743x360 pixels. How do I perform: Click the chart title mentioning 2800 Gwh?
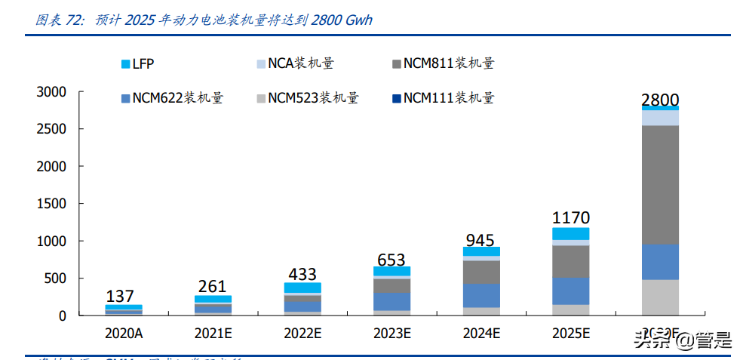pos(204,20)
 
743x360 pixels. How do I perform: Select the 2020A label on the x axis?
pos(124,333)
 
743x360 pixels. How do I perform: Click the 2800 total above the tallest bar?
pos(660,100)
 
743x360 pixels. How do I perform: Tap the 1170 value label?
pos(570,218)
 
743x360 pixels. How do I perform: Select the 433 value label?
pos(302,274)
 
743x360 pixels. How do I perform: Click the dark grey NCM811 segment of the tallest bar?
pos(660,185)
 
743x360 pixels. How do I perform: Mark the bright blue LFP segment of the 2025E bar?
pos(570,234)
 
